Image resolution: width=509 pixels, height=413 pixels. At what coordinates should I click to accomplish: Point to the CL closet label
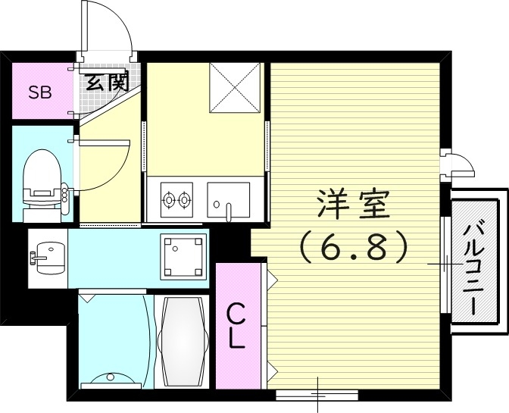coord(236,324)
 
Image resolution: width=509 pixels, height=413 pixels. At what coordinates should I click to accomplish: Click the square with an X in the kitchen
coord(236,86)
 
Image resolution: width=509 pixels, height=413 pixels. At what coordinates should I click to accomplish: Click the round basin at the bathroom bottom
coord(111,377)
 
